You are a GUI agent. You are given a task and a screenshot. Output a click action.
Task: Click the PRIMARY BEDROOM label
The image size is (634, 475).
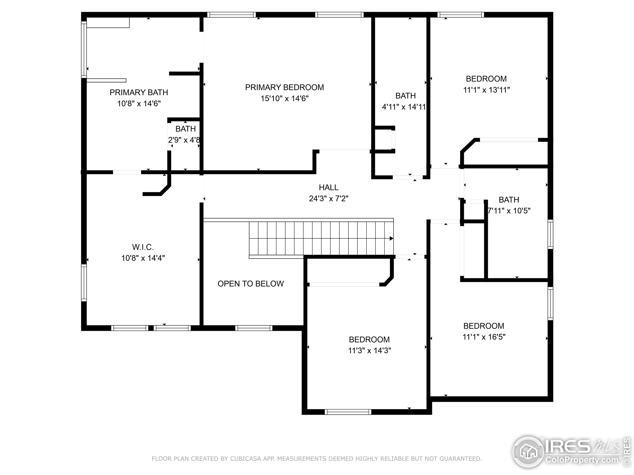[284, 87]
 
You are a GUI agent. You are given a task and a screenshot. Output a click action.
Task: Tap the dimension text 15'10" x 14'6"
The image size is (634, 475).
[284, 98]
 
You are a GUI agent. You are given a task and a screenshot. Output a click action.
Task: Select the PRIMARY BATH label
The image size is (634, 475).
[139, 93]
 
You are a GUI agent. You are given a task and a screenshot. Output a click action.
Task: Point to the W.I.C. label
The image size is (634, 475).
[143, 247]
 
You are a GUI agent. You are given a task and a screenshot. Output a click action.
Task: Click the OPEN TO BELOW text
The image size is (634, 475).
[251, 284]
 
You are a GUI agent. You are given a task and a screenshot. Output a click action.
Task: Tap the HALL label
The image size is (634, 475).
[328, 188]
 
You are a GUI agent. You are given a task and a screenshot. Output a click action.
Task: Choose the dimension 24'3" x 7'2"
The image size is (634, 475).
[328, 198]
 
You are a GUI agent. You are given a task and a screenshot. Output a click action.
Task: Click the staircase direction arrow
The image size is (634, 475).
[391, 238]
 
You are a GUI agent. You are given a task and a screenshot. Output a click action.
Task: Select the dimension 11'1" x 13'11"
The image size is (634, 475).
[486, 90]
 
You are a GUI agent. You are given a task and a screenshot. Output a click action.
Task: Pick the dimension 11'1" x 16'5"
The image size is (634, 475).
[484, 337]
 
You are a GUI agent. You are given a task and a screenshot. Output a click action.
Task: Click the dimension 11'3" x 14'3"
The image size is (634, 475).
[370, 351]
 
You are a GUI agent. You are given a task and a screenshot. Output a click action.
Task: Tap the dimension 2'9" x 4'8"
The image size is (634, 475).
[184, 140]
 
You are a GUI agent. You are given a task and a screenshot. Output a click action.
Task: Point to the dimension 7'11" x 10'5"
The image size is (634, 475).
[509, 211]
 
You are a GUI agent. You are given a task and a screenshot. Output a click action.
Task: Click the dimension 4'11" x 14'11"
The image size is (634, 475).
[404, 107]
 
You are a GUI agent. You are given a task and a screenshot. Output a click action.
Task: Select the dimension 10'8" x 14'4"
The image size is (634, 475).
[143, 258]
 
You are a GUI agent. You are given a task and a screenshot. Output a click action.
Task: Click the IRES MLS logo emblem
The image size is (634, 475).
[528, 452]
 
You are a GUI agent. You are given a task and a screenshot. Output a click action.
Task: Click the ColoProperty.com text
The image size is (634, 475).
[582, 460]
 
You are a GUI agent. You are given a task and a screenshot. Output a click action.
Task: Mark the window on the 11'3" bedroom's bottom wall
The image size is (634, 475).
[348, 412]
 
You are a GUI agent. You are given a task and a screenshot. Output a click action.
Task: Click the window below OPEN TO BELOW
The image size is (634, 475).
[254, 328]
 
